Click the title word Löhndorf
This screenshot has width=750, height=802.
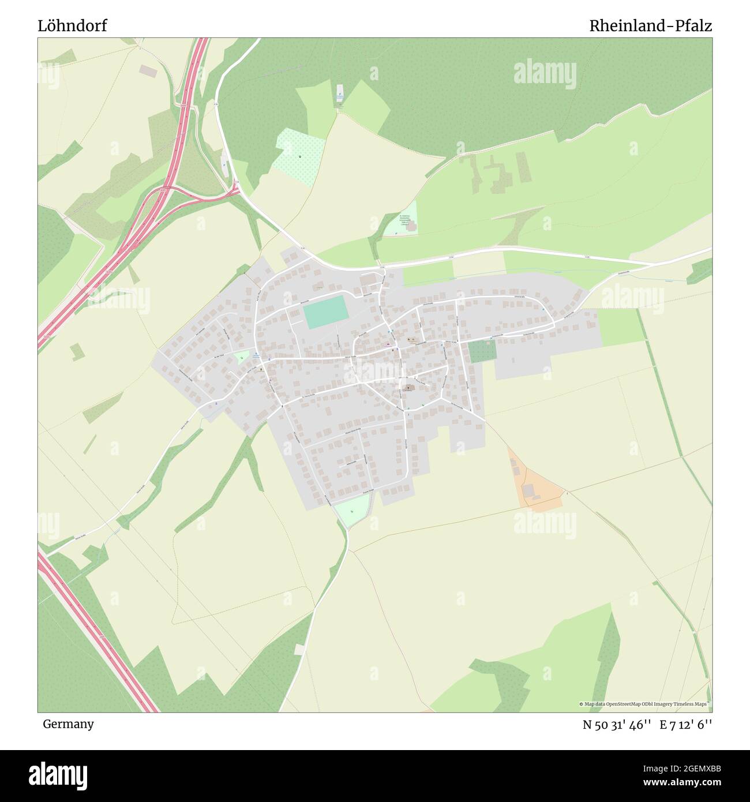(72, 26)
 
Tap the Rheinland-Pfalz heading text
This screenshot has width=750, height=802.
(650, 26)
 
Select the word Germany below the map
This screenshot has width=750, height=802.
(68, 724)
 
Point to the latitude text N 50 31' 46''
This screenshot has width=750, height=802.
(617, 724)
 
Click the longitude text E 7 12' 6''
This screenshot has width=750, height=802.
(686, 724)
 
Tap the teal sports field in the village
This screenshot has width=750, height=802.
(325, 312)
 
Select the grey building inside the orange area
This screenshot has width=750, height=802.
(528, 490)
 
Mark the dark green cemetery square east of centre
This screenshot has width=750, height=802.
(482, 351)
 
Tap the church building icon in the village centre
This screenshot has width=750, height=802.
(408, 388)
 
